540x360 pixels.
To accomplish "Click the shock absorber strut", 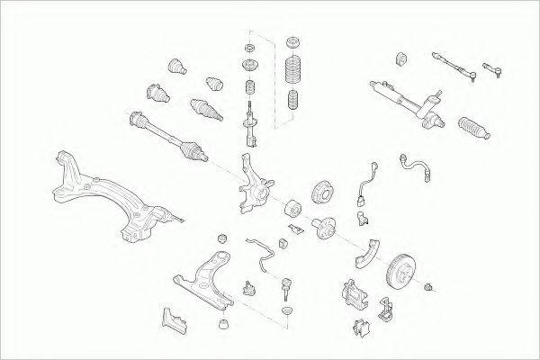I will pyautogui.click(x=248, y=129).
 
